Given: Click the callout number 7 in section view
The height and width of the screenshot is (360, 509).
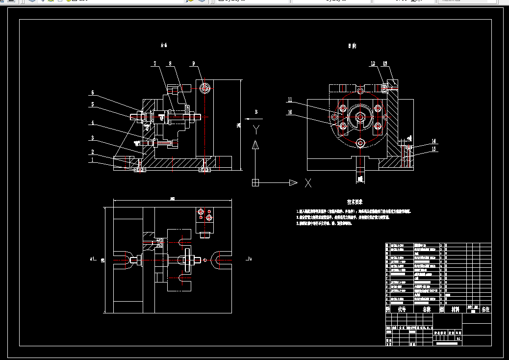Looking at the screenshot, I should point(154,63).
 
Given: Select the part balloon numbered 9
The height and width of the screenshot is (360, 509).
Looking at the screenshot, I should point(194,63).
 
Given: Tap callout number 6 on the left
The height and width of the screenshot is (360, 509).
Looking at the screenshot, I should point(92,93).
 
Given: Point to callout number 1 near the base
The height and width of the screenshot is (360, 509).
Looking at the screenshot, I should point(92,159).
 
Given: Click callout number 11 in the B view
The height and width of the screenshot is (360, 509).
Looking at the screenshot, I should point(290,100).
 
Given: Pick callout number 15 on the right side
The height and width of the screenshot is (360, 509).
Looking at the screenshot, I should point(433,149).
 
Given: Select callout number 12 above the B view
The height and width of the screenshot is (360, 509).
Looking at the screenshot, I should point(373,63).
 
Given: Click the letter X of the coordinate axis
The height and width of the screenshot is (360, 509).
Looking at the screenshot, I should point(308,183).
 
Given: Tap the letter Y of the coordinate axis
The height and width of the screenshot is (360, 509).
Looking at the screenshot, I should point(255,129).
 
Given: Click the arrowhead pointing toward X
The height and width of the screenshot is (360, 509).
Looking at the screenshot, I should point(293,183).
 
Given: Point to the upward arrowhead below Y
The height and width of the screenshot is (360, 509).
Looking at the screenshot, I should point(255,145).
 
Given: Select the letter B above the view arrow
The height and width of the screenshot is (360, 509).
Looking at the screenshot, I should point(256,112).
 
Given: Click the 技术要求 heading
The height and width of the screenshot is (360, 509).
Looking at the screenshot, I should point(355,202).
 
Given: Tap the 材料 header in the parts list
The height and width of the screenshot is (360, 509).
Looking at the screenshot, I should point(456,309).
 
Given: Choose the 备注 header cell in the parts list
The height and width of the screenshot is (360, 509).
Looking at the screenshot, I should point(485,309).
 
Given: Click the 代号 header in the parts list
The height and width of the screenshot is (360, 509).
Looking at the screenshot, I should point(402,309).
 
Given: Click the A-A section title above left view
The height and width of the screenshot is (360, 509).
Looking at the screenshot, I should point(164,46).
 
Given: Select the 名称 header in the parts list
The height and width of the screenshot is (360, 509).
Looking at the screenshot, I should point(427,309).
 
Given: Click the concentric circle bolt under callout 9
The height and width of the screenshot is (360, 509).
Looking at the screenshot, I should point(205,88).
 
